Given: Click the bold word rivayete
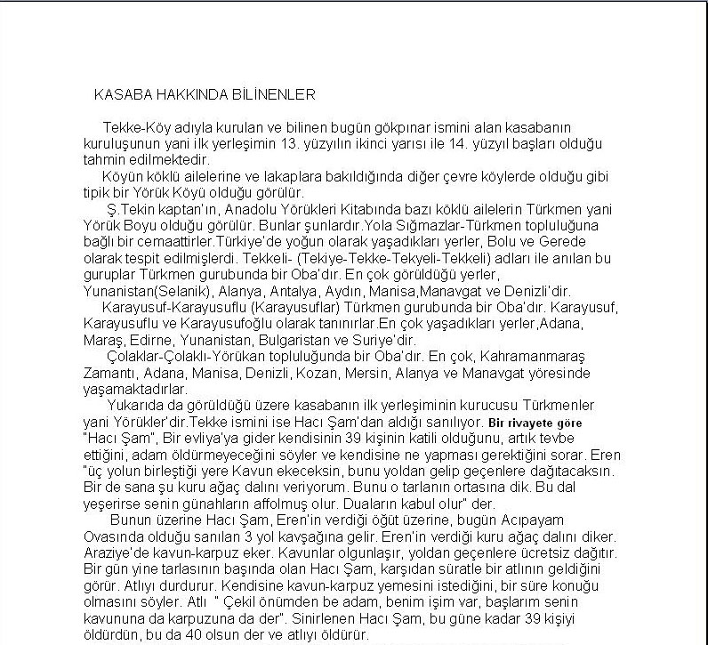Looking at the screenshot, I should (529, 423).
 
